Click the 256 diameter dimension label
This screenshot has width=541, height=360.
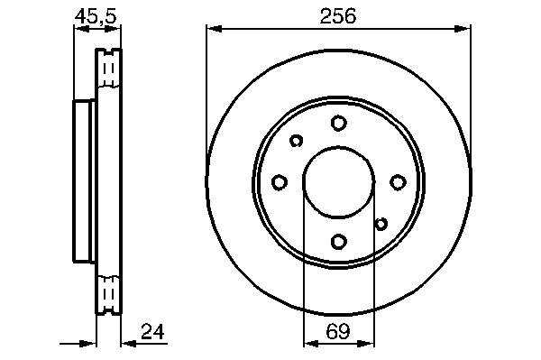click(x=337, y=16)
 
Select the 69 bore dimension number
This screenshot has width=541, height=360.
click(x=338, y=331)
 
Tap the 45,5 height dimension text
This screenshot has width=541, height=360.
click(x=96, y=16)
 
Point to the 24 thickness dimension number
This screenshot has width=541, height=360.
click(x=152, y=331)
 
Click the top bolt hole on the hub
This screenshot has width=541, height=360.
click(x=338, y=123)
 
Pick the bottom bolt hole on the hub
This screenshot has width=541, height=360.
click(x=338, y=241)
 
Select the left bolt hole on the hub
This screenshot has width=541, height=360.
click(x=280, y=182)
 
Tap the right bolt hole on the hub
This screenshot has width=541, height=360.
click(x=398, y=182)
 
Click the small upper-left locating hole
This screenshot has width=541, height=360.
click(x=296, y=141)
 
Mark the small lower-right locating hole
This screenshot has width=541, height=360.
click(x=381, y=224)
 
